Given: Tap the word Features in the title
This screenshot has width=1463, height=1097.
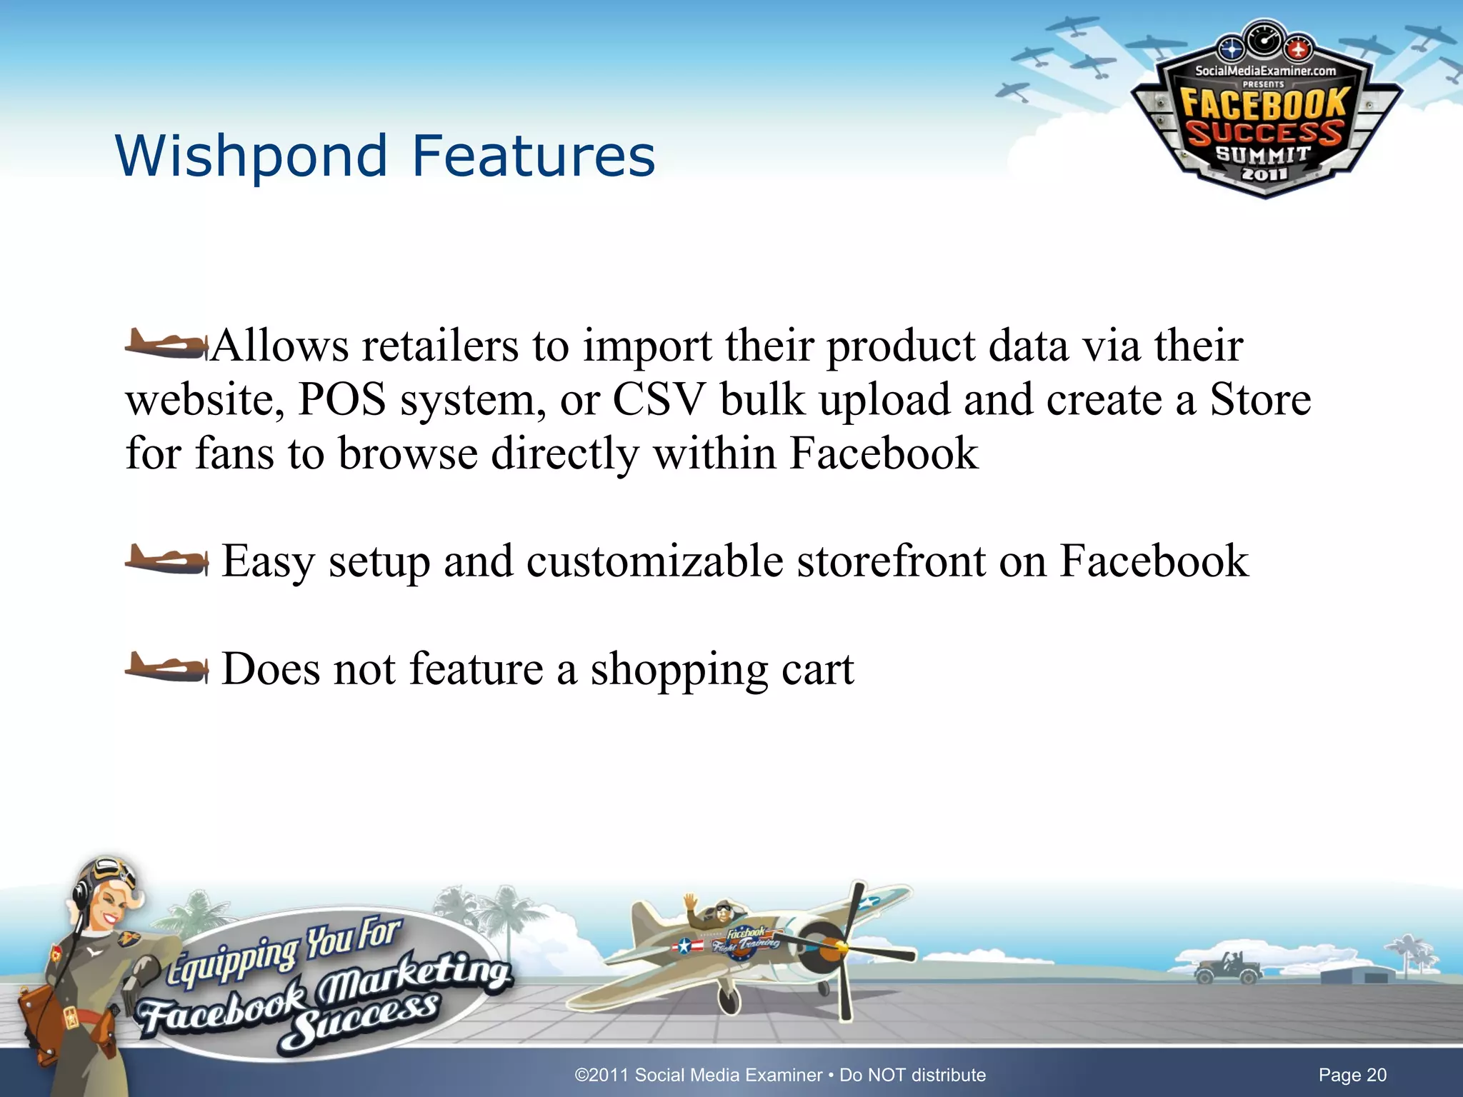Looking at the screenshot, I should click(x=533, y=156).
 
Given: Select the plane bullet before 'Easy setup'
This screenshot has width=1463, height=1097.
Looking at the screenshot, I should click(x=166, y=561).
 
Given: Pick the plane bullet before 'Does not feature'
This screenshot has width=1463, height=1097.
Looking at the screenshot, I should click(x=166, y=668).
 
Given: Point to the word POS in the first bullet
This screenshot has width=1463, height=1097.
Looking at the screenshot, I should click(x=341, y=400).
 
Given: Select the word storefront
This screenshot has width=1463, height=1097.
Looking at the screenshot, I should click(x=890, y=561).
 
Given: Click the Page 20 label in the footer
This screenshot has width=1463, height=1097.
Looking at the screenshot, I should click(x=1352, y=1075).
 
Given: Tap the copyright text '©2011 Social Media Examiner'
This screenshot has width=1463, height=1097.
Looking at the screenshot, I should click(x=698, y=1075).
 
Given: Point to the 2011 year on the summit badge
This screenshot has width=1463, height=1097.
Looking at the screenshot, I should click(x=1264, y=174).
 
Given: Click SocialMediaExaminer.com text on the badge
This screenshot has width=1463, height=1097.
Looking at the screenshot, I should click(x=1265, y=71).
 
